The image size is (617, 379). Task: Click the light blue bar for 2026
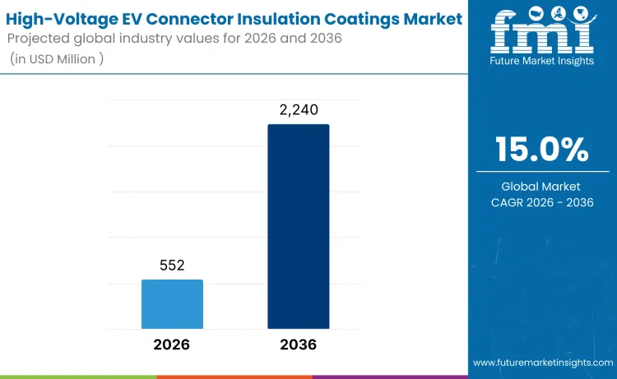pos(172,304)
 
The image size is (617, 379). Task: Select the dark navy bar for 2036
pos(298,226)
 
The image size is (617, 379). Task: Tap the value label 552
pos(172,266)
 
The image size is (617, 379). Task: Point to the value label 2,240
pos(298,109)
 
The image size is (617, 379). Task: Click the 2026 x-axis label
pos(172,344)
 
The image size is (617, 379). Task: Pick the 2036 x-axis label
pos(298,344)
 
